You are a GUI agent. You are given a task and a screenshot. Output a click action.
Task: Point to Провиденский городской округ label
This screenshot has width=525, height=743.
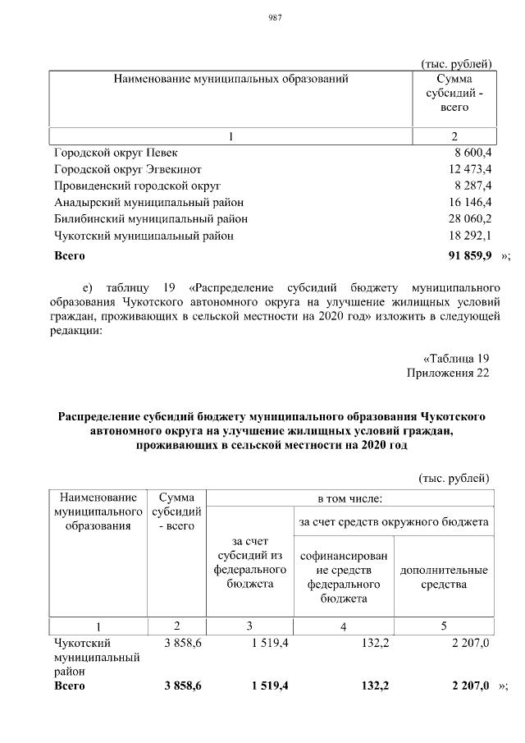pyautogui.click(x=138, y=186)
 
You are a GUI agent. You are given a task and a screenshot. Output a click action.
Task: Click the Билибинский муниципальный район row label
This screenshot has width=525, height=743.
pyautogui.click(x=151, y=218)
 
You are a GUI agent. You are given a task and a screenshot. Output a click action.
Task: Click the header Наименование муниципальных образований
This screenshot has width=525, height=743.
pyautogui.click(x=231, y=79)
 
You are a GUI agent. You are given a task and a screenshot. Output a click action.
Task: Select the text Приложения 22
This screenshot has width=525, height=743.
pyautogui.click(x=448, y=374)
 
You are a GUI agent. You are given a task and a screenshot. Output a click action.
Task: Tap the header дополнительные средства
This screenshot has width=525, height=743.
pyautogui.click(x=444, y=577)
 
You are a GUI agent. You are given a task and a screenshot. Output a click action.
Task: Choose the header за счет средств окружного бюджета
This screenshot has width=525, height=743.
pyautogui.click(x=394, y=521)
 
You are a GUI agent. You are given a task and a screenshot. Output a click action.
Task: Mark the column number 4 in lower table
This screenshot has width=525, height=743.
pyautogui.click(x=344, y=626)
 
